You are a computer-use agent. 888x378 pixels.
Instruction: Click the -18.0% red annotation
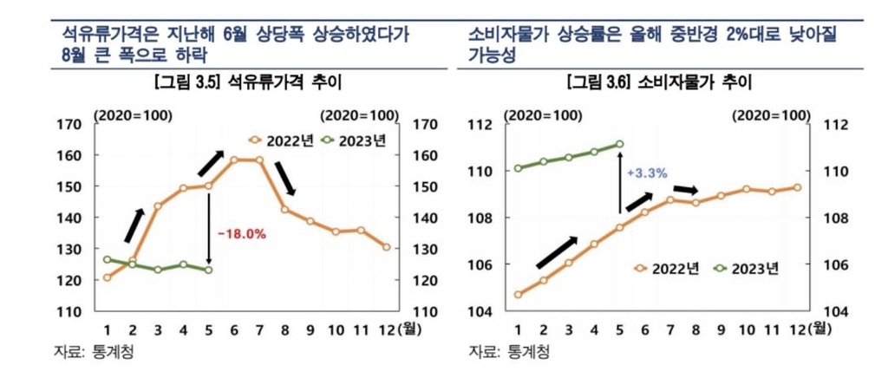(x=240, y=234)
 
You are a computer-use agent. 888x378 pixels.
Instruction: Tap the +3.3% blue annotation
(x=646, y=173)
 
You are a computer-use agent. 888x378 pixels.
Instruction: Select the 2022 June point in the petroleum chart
(x=234, y=160)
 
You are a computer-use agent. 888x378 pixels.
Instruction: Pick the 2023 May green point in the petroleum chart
(x=209, y=270)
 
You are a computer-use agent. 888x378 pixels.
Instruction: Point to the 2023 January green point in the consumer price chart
(x=518, y=168)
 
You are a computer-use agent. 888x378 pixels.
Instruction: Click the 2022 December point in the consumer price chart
(x=797, y=187)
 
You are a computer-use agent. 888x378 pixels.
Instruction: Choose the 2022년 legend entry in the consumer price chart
(x=666, y=269)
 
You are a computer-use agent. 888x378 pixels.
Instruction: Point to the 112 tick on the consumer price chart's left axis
(x=481, y=125)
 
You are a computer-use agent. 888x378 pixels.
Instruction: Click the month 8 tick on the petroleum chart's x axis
(x=284, y=329)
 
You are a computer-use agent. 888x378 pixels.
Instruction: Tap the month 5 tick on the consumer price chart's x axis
(x=619, y=329)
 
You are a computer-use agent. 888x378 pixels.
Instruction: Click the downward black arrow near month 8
(x=287, y=178)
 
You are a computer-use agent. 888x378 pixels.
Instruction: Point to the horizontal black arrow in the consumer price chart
(x=685, y=189)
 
